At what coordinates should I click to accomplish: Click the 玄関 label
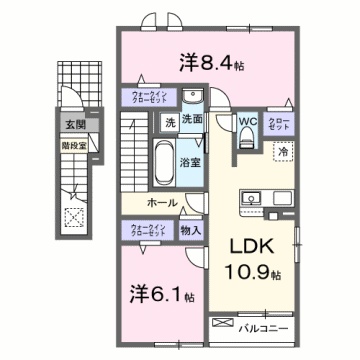pos(76,125)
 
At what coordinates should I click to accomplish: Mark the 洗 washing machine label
pos(171,122)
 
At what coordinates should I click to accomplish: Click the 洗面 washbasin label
pos(193,122)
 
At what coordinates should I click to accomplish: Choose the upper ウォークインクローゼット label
pos(149,98)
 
